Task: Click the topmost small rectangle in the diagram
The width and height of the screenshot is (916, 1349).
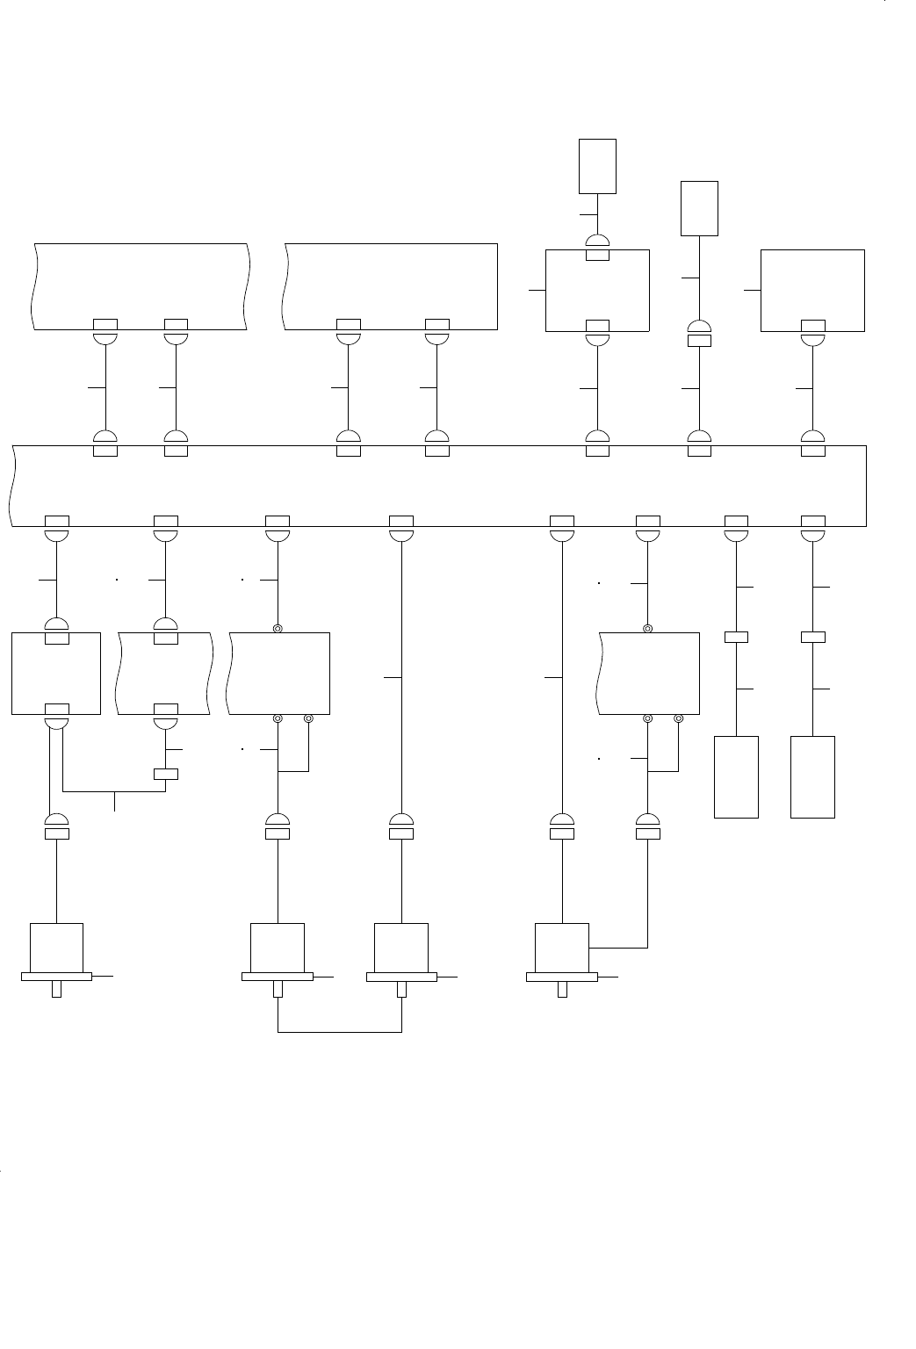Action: (597, 165)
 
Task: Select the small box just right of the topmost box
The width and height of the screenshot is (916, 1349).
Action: (699, 208)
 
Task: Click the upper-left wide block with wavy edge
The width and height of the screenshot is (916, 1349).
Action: (141, 286)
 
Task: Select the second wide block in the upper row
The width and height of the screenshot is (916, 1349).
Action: (391, 286)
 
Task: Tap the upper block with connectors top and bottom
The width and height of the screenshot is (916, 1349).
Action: (597, 291)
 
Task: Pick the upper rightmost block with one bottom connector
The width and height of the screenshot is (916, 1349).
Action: (812, 291)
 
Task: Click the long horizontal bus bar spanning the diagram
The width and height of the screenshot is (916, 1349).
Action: (439, 486)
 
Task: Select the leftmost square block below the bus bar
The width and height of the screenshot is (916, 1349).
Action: (56, 673)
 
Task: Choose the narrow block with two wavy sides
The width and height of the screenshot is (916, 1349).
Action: (165, 673)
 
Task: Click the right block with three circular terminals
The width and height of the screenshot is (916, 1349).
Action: (649, 673)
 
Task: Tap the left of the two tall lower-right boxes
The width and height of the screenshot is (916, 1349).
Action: (736, 777)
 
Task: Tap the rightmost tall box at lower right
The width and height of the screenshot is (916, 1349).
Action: (812, 777)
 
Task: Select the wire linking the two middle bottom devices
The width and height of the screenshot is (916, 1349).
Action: (340, 1032)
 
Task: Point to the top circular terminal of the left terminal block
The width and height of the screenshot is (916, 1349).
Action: (278, 629)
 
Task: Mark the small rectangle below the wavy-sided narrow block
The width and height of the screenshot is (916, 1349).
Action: (165, 774)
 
